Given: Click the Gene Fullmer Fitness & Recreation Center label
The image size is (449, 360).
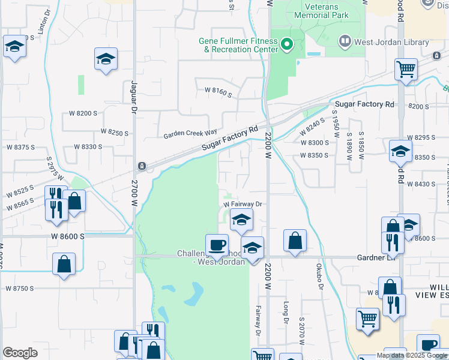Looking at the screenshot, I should click(238, 45).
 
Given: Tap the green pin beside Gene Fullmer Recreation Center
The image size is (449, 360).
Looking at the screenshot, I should click(287, 44).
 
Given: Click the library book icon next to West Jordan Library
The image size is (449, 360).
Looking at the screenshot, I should click(345, 42).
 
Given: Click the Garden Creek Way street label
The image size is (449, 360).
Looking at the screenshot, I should click(191, 135).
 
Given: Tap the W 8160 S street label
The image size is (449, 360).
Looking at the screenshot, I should click(218, 90).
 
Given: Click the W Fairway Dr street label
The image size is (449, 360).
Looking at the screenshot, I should click(244, 204).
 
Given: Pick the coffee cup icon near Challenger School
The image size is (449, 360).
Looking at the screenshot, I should click(217, 245).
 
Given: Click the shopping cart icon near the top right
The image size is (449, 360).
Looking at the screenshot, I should click(406, 69).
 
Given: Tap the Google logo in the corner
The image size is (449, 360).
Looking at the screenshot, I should click(20, 353).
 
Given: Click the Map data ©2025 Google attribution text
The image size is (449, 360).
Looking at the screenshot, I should click(412, 355).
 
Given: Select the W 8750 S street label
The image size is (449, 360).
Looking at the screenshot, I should click(20, 289).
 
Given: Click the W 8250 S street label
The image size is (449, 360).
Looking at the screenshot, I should click(115, 131).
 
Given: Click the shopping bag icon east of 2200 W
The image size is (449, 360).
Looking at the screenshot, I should click(295, 241).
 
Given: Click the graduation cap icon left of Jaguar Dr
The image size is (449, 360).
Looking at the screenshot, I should click(106, 59).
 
